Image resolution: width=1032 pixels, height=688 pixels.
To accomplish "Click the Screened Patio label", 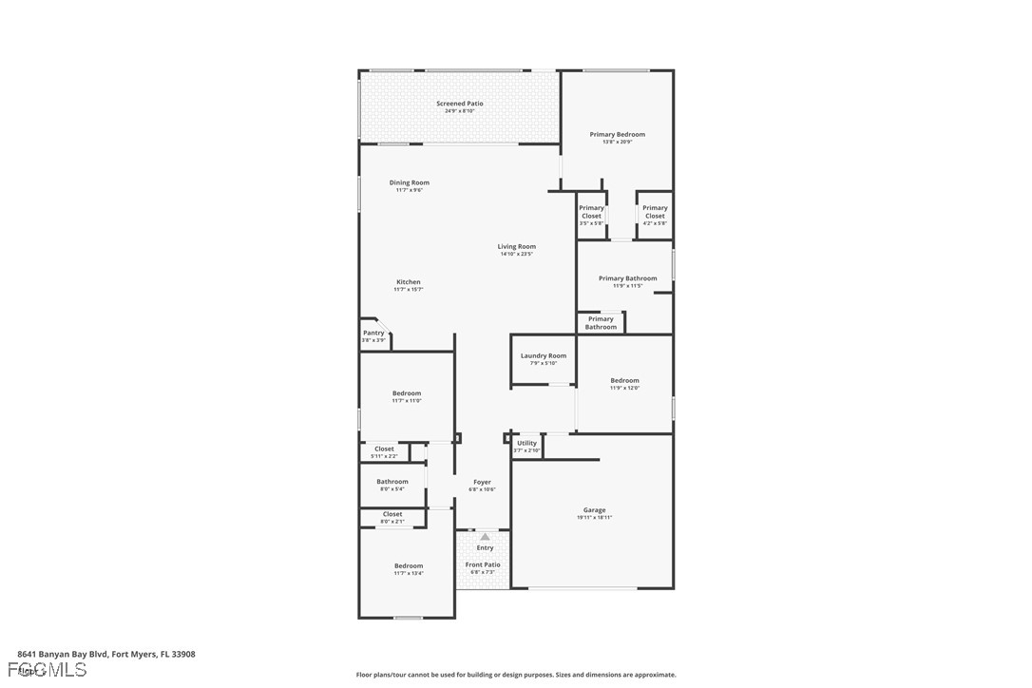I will point(460,106).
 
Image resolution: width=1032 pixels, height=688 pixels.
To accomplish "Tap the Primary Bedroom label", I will point(617,137).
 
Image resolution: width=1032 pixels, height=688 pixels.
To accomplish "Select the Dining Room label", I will point(409,185).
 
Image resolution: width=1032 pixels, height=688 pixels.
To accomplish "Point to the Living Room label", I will point(516,250).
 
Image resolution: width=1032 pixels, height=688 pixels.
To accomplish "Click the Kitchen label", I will point(409,285).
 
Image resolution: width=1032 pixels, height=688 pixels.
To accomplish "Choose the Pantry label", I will point(373,335).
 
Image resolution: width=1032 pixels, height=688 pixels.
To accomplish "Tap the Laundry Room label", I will point(543,358).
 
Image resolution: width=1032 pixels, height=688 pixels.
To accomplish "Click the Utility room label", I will point(526,446).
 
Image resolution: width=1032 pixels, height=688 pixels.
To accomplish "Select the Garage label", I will point(594,513).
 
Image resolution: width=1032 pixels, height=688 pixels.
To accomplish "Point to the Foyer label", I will point(483,485).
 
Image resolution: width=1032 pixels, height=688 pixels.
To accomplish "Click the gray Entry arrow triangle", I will point(485,537).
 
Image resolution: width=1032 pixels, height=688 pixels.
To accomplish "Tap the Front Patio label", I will point(483,567).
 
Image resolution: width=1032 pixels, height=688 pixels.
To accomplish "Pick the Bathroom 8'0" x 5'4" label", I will point(392,485).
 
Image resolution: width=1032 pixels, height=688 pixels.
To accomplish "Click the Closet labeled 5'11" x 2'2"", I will point(384,451).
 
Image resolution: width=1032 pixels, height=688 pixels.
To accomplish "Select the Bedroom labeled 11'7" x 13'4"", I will point(409,569).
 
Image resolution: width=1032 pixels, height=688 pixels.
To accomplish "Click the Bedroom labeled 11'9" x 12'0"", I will point(624,383).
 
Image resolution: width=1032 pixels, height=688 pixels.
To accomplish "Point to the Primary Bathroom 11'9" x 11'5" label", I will point(627,281).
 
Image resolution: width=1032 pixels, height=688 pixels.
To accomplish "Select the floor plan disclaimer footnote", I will point(516,675).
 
